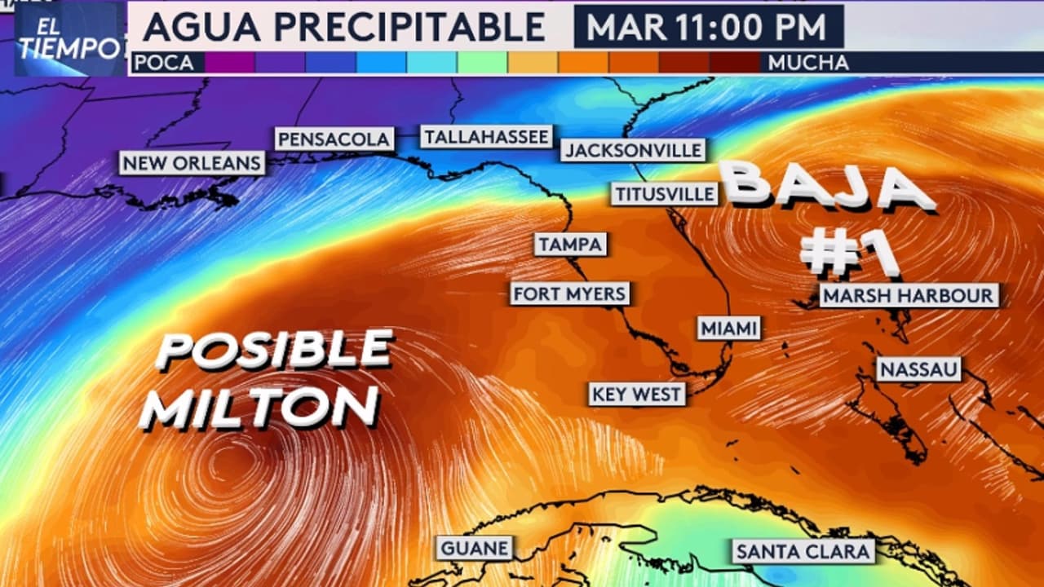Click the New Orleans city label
[192, 163]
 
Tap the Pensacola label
[334, 139]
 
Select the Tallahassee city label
[486, 136]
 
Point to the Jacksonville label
[633, 150]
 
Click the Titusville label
[666, 194]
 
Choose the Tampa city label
[571, 244]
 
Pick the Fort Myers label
[570, 293]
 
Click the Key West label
[637, 395]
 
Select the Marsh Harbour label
[909, 295]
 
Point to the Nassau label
[919, 369]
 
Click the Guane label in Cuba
[475, 548]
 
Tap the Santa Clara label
[803, 552]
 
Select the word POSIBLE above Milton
[275, 350]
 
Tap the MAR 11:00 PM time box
[708, 27]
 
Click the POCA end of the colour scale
[164, 63]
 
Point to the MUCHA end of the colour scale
[807, 63]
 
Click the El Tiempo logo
[69, 39]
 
